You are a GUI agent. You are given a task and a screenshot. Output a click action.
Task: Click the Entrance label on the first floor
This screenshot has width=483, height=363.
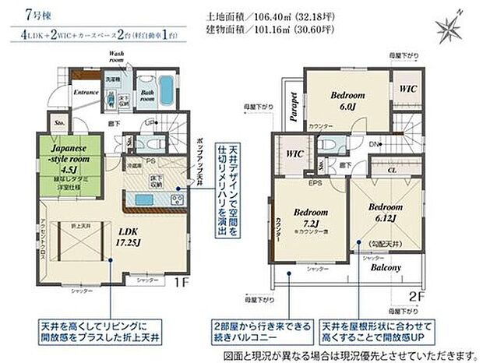[x=87, y=91]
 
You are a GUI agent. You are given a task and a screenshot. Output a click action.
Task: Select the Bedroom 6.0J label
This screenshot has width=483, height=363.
[x=347, y=100]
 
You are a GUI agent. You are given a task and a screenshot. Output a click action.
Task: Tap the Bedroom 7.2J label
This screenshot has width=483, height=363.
[x=310, y=217]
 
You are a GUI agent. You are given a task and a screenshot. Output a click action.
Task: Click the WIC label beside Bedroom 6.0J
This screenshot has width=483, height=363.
[x=407, y=90]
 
